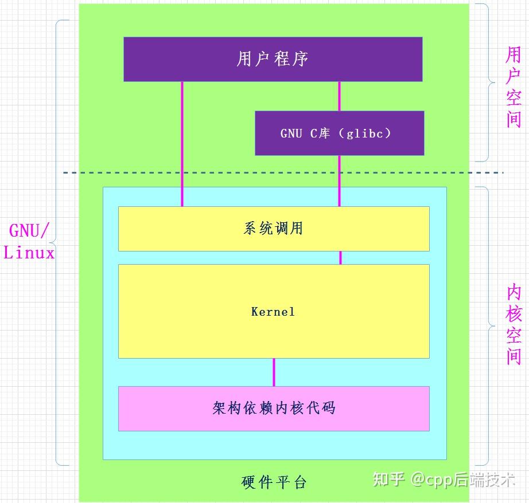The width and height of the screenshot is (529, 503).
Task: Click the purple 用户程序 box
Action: coord(273,59)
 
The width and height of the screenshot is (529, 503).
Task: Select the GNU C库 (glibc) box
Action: coord(339,133)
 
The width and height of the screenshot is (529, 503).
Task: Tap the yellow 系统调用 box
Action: coord(274,229)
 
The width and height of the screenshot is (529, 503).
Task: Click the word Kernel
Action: coord(273,312)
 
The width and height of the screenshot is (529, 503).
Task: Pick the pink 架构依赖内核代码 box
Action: coord(274,408)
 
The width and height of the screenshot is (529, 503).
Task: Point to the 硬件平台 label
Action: coord(274,482)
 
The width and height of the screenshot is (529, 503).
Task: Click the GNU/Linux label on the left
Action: coord(29,242)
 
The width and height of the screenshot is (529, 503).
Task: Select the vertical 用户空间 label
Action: coord(514,87)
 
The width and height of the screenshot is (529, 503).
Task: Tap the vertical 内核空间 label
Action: coord(514,325)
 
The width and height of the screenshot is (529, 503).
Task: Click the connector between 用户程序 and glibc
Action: coord(339,96)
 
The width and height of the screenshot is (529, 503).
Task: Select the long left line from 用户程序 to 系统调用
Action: coord(182,143)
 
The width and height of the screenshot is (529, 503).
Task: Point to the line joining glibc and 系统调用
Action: coord(339,180)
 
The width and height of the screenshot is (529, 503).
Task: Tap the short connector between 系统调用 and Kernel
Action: coord(340,257)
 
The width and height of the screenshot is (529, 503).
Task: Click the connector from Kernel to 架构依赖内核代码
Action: coord(274,372)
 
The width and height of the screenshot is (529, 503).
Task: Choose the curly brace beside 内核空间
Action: coord(488,326)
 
